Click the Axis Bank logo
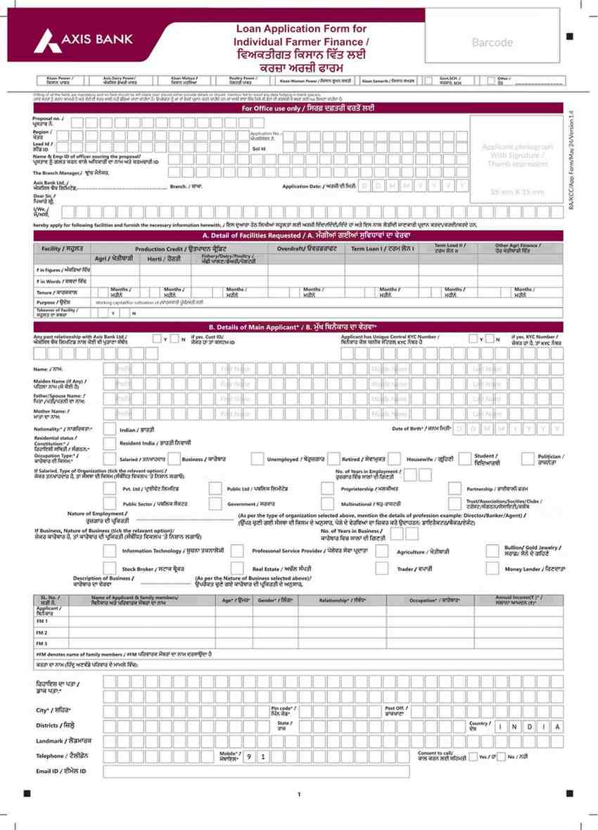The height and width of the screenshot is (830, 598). (x=83, y=39)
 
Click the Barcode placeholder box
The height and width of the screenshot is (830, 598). (x=492, y=42)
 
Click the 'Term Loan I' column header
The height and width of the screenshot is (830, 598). (x=381, y=250)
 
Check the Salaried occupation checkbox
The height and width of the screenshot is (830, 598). (x=109, y=459)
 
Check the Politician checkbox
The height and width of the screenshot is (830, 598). (x=527, y=459)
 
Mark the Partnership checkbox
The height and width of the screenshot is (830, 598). (x=455, y=488)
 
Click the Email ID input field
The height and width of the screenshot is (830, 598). (x=256, y=772)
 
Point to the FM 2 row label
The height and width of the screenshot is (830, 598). (x=42, y=632)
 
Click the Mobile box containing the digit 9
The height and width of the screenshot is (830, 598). (x=248, y=757)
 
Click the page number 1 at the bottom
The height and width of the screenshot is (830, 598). (x=299, y=794)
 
